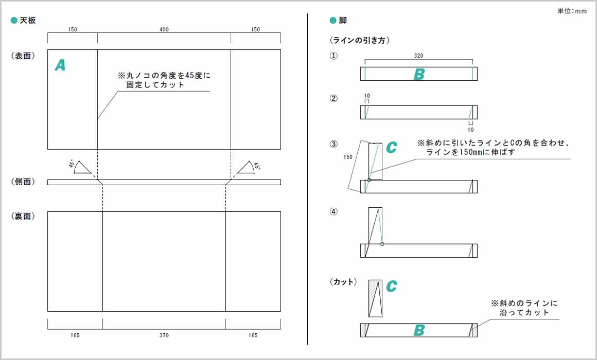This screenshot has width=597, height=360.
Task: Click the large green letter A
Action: point(60,65)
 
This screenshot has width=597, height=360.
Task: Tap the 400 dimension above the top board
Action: point(164,30)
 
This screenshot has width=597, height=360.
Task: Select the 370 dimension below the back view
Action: point(164,335)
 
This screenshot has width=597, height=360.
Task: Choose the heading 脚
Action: point(343,21)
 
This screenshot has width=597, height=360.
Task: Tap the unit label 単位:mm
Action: point(572,11)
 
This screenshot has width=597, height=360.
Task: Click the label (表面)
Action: point(23,56)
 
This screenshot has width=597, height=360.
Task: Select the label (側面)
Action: point(23,182)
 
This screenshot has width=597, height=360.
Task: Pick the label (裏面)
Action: point(23,217)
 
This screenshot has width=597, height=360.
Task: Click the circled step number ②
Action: point(333,99)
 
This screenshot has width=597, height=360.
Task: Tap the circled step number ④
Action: point(333,211)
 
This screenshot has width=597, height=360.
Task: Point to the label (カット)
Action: point(343,282)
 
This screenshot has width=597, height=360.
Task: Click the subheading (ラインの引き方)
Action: point(358,40)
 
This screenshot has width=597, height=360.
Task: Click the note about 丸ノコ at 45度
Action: point(164,80)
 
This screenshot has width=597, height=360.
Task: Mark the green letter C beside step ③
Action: point(391,148)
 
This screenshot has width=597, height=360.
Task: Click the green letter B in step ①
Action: point(419,75)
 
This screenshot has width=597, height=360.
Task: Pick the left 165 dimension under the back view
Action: point(75,335)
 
